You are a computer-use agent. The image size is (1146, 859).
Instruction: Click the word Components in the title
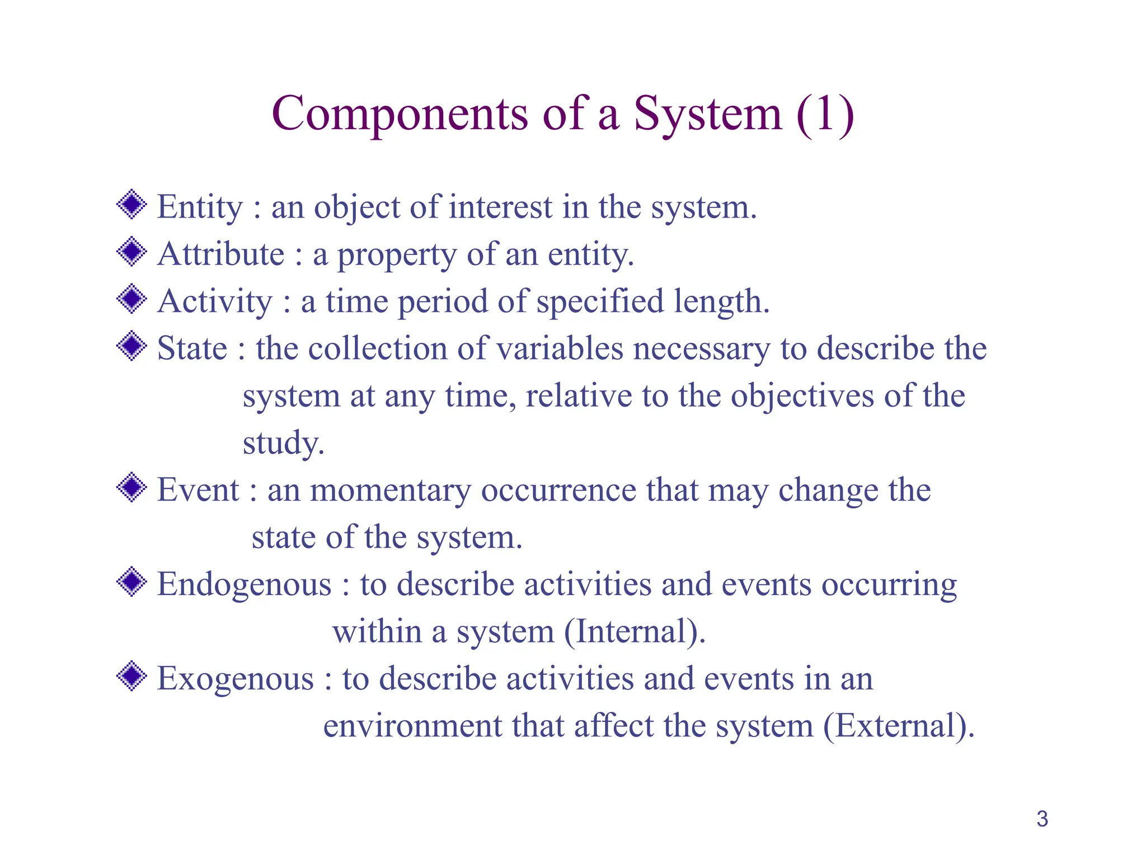(x=400, y=114)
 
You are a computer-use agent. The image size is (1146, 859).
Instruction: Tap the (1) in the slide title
(x=825, y=114)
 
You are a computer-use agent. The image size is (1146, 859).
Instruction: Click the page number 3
(x=1042, y=819)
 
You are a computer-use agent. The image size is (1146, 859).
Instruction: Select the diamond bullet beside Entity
(x=131, y=205)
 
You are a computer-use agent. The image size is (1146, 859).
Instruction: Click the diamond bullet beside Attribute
(x=131, y=252)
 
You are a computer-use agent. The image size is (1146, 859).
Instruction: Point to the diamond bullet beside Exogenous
(x=131, y=676)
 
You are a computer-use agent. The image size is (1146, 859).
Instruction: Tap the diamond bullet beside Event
(x=131, y=487)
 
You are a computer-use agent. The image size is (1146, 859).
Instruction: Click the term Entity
(x=200, y=207)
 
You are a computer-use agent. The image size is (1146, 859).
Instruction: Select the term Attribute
(x=221, y=254)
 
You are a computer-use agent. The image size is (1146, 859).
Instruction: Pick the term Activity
(x=214, y=301)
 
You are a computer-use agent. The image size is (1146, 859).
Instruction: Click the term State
(x=192, y=348)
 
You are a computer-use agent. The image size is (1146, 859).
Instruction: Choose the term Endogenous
(x=245, y=584)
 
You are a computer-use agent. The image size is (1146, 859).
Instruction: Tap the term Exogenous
(x=236, y=679)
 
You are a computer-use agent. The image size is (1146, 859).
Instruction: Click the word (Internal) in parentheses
(x=635, y=631)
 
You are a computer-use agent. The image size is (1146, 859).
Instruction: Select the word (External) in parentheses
(x=898, y=726)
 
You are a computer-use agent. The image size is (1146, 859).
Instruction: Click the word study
(x=283, y=443)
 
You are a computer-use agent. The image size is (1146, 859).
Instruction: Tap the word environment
(x=412, y=726)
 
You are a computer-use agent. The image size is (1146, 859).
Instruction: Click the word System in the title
(x=707, y=114)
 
